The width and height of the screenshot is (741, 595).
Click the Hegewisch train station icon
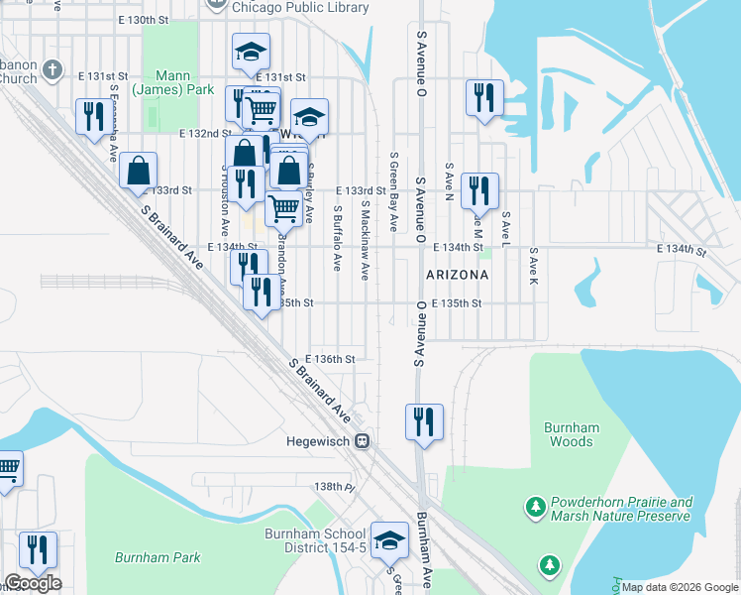click(x=364, y=441)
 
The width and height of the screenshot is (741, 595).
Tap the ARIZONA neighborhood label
click(x=457, y=274)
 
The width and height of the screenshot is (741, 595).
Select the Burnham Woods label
click(x=572, y=434)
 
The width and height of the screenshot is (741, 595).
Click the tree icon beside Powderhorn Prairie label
click(x=536, y=508)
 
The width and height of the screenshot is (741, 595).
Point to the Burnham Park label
click(x=157, y=557)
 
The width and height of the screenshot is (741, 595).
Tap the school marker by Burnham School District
click(x=389, y=540)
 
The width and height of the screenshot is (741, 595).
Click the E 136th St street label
click(x=330, y=359)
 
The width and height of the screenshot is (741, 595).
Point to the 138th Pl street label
click(x=335, y=487)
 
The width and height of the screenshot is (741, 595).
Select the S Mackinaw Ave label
click(x=365, y=239)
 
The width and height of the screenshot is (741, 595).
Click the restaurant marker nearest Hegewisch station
click(x=424, y=421)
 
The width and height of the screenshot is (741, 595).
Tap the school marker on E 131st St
click(x=252, y=52)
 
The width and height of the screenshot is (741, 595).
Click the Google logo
click(x=33, y=583)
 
